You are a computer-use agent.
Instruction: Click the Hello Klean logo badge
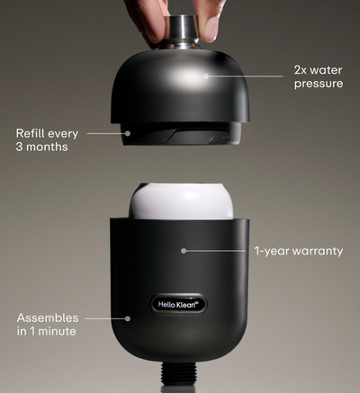point(179,305)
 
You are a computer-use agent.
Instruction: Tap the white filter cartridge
point(181,201)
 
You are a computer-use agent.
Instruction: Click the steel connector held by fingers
point(182,31)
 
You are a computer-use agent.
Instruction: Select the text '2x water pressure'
point(319,76)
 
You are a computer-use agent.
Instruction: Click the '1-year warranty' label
point(299,251)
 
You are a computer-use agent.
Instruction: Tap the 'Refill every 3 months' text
point(47,140)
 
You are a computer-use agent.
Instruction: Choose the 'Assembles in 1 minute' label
point(48,325)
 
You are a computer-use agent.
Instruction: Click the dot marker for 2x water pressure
point(206,76)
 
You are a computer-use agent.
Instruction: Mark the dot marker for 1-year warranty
point(184,251)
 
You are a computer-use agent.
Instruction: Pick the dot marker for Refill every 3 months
point(128,133)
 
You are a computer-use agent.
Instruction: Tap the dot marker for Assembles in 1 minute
point(128,318)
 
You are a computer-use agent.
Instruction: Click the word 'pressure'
point(319,84)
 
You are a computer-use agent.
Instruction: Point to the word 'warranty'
point(318,251)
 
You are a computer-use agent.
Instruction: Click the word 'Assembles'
point(48,317)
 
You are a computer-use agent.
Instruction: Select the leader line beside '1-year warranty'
point(215,251)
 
